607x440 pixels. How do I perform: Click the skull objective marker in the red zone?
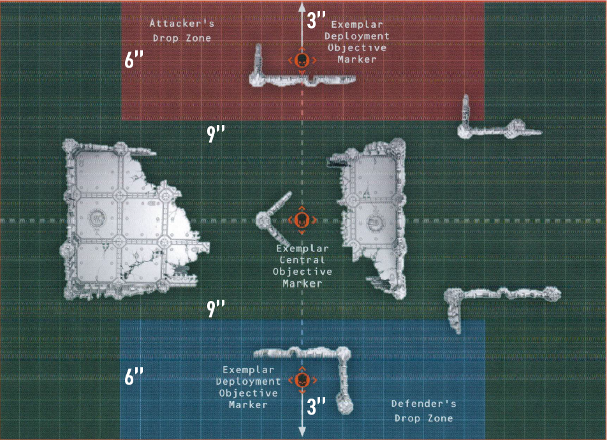pos(302,61)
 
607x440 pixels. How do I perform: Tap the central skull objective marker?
pos(302,221)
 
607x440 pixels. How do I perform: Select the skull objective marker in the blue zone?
pos(302,380)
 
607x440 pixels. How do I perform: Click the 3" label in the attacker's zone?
pos(316,20)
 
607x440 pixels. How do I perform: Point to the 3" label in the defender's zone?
pos(316,406)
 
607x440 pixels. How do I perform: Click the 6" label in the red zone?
pos(134,59)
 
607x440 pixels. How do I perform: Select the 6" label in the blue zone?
pos(134,376)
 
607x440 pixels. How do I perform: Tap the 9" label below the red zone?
pos(216,134)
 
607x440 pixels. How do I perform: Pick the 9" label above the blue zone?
pos(216,308)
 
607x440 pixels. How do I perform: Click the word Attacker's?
pos(182,23)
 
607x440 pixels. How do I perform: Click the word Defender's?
pos(423,404)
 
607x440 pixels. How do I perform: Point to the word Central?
pos(302,260)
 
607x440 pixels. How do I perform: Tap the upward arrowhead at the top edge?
pos(302,6)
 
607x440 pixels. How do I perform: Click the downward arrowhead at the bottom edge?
pos(302,432)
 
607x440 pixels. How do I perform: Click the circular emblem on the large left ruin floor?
pos(97,218)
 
